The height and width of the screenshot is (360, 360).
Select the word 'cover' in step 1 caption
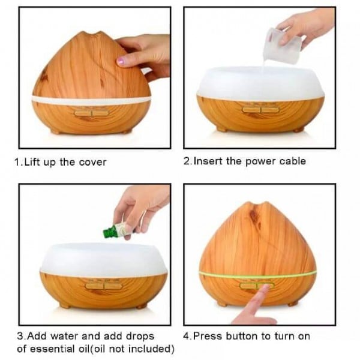tap(92, 163)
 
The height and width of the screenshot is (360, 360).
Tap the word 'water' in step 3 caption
tap(64, 336)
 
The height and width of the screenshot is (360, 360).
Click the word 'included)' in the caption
tap(151, 349)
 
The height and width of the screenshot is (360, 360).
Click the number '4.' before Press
tap(187, 337)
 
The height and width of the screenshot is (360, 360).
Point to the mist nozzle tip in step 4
tap(257, 205)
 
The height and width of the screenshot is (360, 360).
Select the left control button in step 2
tap(251, 110)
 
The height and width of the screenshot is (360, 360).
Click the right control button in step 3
tap(113, 286)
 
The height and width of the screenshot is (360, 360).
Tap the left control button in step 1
tap(83, 113)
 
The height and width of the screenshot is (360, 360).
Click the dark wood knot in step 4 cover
tap(253, 216)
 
